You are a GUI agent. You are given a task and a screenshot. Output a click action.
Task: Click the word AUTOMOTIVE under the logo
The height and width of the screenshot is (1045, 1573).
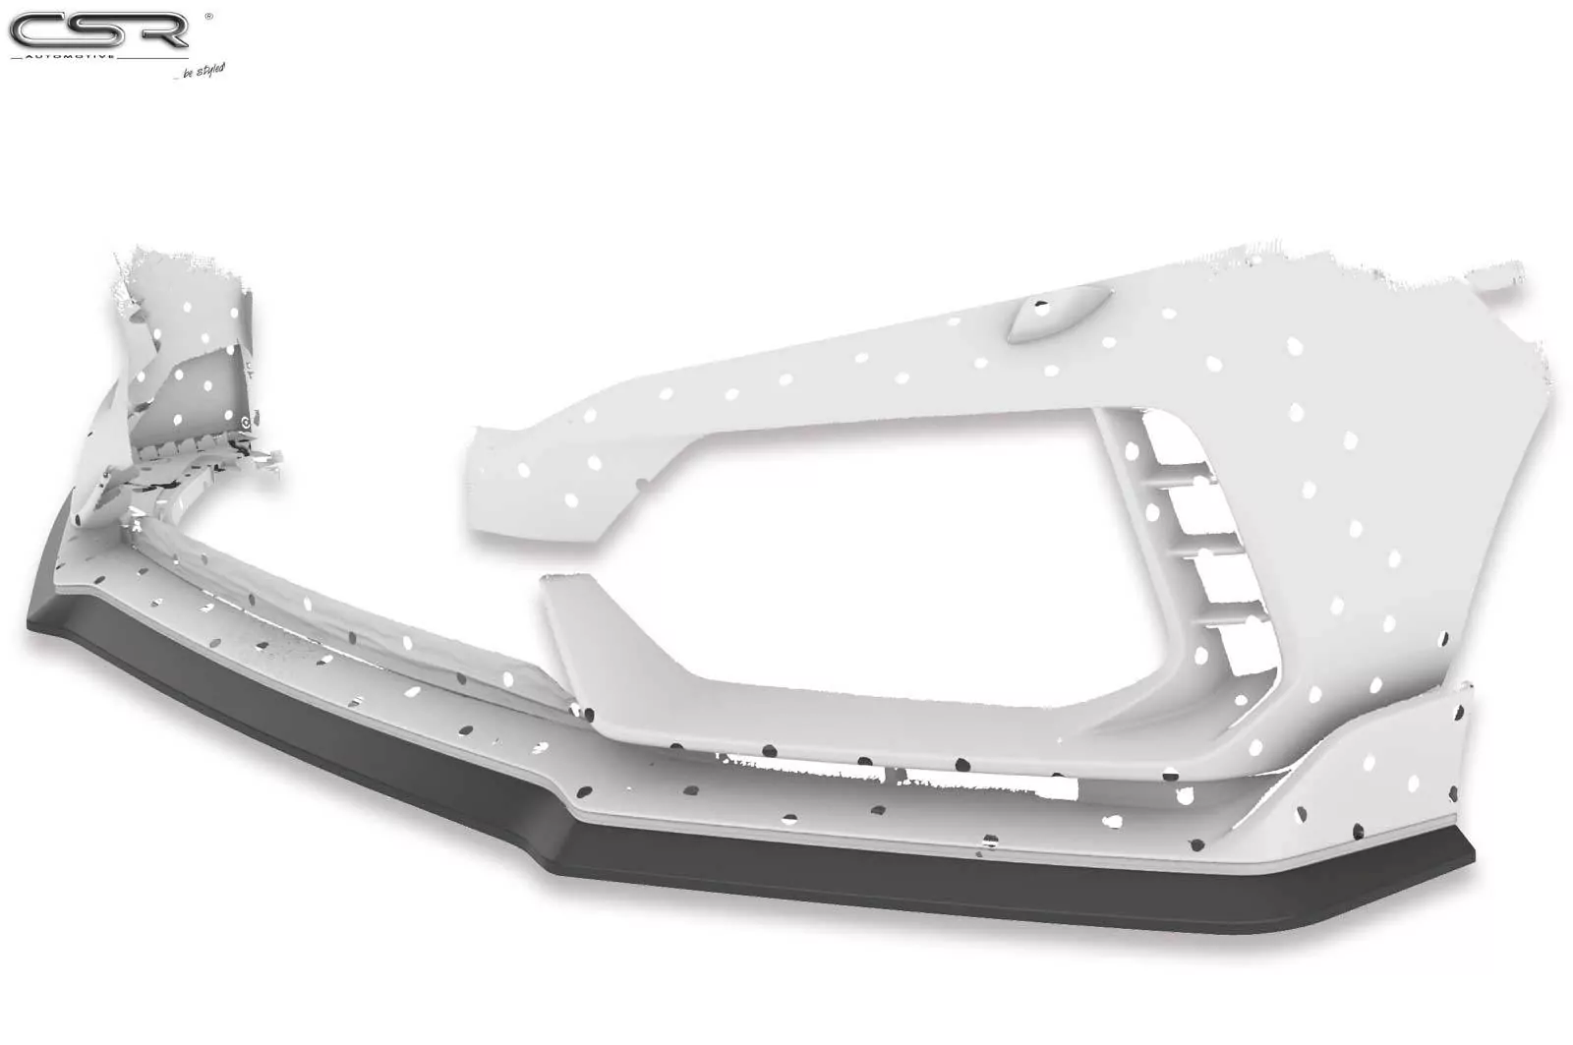tap(70, 55)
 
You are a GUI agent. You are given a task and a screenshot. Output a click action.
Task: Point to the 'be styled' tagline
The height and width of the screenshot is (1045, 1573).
tap(204, 71)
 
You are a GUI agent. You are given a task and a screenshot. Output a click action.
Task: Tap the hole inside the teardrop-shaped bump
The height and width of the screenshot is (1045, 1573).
tap(1041, 307)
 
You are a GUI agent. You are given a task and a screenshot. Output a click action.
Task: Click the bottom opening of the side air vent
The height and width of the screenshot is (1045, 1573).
tap(1250, 650)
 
